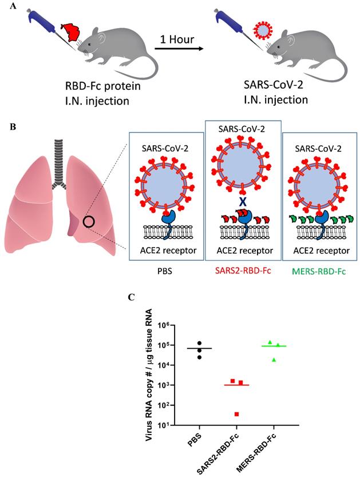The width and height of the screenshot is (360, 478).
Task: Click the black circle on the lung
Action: [89, 221]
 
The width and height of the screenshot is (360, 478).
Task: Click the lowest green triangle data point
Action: [274, 359]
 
